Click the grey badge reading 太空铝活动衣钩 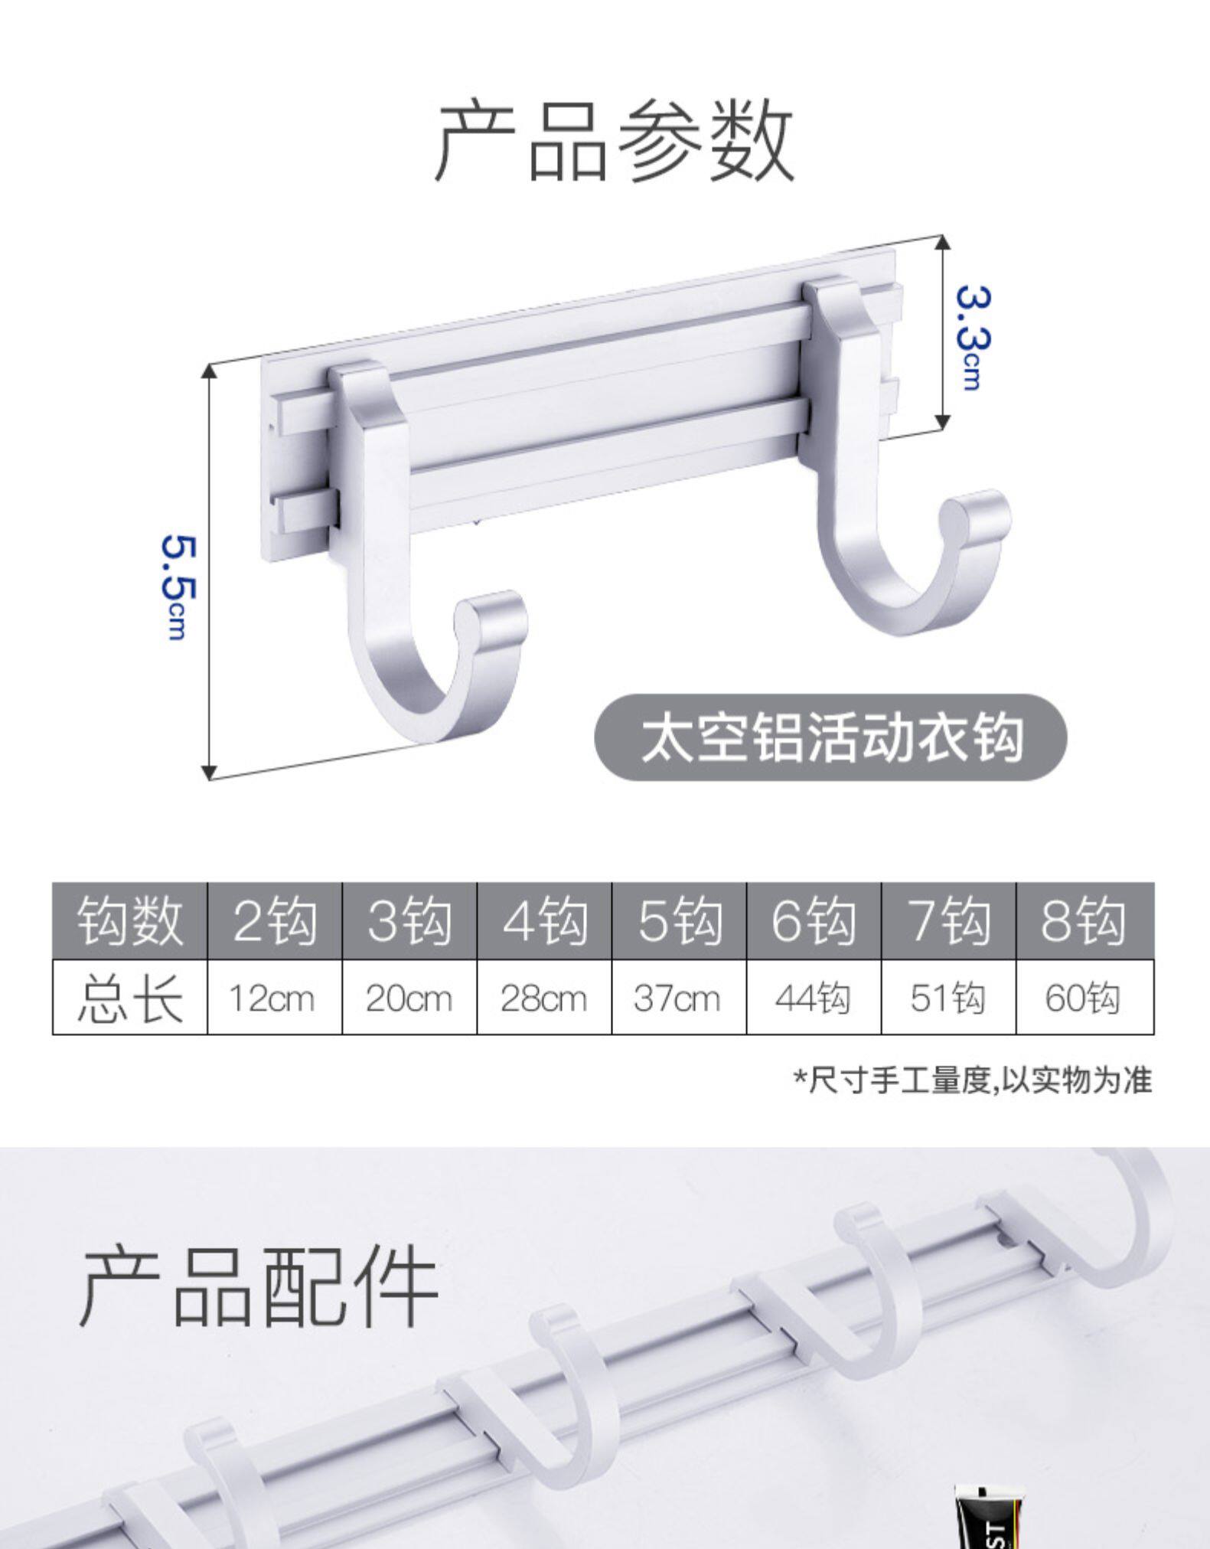point(830,737)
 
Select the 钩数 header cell point(129,920)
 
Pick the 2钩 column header point(274,920)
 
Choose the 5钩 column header point(679,920)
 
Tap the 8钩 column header point(1083,920)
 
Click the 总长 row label point(129,998)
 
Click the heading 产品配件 point(259,1287)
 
